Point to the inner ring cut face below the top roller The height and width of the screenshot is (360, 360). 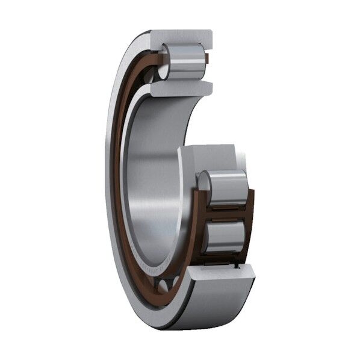181,88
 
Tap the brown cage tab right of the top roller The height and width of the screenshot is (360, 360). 206,59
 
